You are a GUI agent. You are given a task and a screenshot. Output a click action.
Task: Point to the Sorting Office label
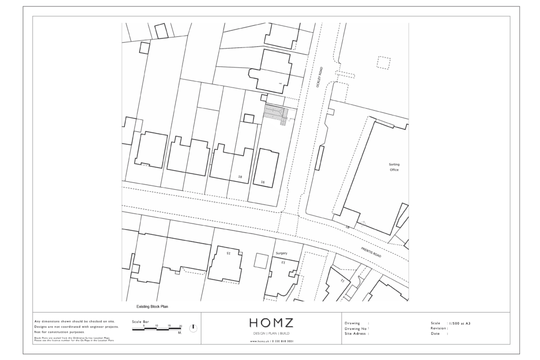394,167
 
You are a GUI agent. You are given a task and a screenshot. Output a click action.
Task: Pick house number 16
262,181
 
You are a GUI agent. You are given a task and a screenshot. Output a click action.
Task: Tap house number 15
228,254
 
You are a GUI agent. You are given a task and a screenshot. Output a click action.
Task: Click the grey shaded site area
276,114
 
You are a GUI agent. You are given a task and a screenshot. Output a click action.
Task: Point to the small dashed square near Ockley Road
384,63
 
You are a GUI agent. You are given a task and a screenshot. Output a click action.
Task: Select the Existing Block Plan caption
152,306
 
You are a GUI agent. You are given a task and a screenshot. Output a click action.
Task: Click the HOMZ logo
271,323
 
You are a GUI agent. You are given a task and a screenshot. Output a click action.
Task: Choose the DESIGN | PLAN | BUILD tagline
271,334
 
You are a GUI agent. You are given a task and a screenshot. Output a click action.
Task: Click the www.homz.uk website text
271,342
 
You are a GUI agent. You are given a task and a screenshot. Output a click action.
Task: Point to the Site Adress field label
357,334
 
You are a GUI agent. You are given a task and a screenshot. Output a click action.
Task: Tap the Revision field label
439,328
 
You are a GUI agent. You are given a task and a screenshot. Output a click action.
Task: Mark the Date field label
436,334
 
